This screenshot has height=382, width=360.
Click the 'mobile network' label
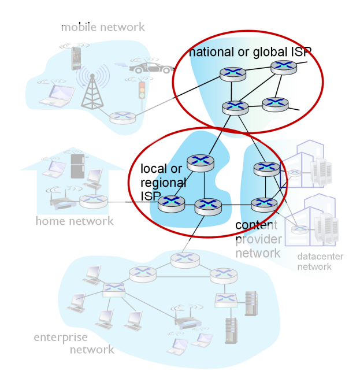(103, 27)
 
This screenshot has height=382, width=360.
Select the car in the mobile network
(151, 68)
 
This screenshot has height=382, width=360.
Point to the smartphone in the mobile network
(75, 57)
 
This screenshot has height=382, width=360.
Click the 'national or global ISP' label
(250, 52)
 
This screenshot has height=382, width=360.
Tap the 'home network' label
(75, 221)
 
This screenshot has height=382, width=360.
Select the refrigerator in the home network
(77, 166)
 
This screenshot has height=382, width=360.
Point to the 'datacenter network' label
(314, 262)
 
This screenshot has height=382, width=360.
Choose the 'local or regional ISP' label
(163, 183)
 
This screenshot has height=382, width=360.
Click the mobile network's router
(123, 116)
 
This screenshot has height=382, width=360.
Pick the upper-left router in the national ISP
(232, 73)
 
